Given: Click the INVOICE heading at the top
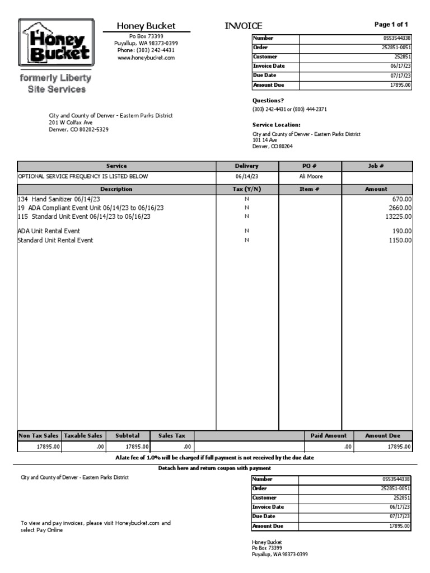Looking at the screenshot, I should pyautogui.click(x=243, y=26).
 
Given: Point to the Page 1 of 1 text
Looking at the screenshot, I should pyautogui.click(x=391, y=24).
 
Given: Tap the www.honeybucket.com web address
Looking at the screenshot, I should pyautogui.click(x=146, y=58).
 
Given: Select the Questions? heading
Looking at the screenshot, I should pyautogui.click(x=268, y=101).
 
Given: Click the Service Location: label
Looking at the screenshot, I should pyautogui.click(x=276, y=125).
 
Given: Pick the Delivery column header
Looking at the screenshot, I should pyautogui.click(x=246, y=166).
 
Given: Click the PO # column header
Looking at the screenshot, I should pyautogui.click(x=310, y=166).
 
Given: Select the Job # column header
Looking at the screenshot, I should pyautogui.click(x=376, y=166).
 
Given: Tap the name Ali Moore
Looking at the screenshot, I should pyautogui.click(x=311, y=176).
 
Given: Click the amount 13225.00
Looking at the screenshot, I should pyautogui.click(x=397, y=216).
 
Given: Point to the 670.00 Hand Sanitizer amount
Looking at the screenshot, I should pyautogui.click(x=401, y=199).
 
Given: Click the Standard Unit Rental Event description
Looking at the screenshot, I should pyautogui.click(x=55, y=240).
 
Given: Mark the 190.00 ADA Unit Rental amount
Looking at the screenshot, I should pyautogui.click(x=401, y=231).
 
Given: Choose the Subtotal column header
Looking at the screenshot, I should pyautogui.click(x=128, y=435).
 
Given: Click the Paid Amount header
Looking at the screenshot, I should pyautogui.click(x=328, y=435).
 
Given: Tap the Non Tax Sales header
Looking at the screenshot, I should pyautogui.click(x=39, y=435).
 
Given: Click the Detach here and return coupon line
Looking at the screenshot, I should pyautogui.click(x=214, y=468).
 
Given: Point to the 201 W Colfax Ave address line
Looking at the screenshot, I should pyautogui.click(x=71, y=122).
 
